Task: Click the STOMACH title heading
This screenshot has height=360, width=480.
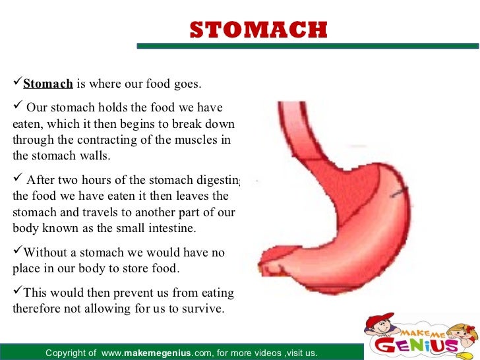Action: click(x=258, y=30)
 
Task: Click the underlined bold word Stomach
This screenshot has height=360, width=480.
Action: click(x=47, y=84)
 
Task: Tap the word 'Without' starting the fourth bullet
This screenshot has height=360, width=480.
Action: click(x=43, y=252)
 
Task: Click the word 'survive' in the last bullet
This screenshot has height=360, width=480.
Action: click(x=202, y=308)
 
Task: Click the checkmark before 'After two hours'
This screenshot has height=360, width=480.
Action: click(x=18, y=179)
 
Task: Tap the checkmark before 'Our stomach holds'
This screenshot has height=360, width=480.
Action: click(x=18, y=107)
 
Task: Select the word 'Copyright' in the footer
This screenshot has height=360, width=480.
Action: click(x=66, y=354)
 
